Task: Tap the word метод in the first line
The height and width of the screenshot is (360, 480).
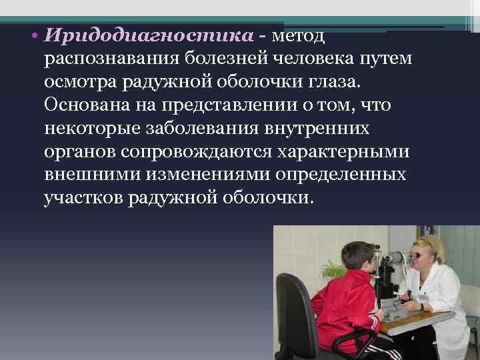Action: tap(297, 35)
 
